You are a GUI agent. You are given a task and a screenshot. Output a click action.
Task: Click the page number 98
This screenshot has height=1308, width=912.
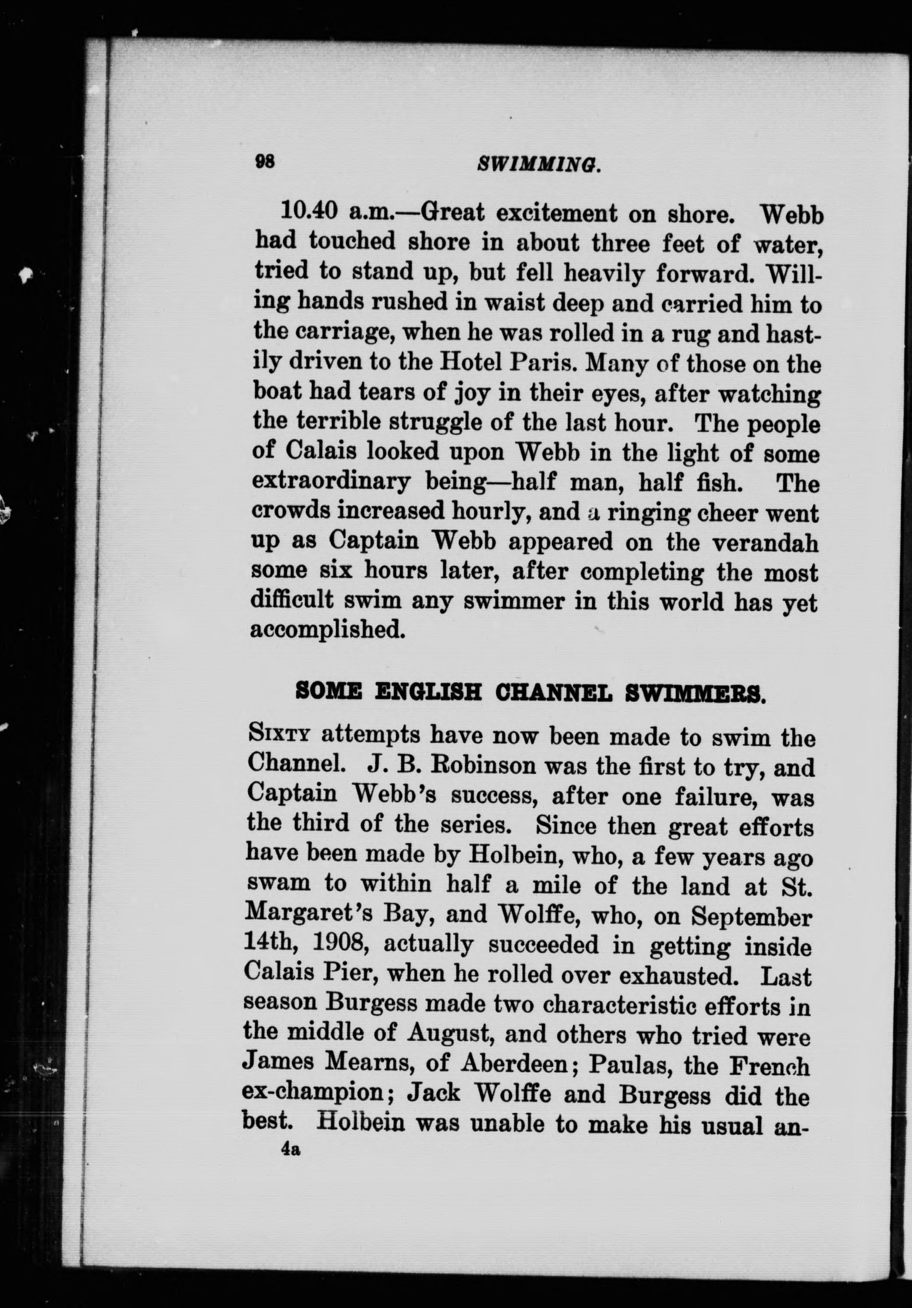pyautogui.click(x=265, y=162)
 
